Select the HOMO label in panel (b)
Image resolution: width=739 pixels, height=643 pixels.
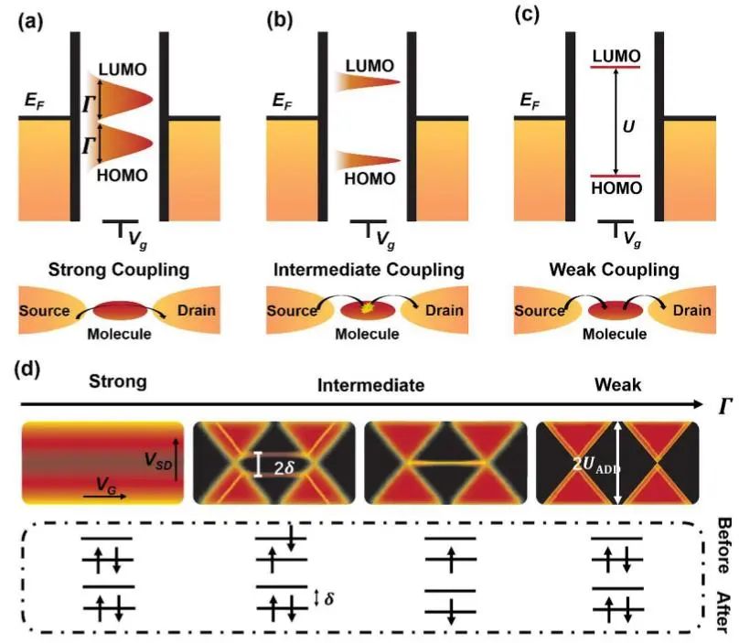click(369, 179)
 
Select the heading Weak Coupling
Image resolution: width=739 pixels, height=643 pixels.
click(621, 270)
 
